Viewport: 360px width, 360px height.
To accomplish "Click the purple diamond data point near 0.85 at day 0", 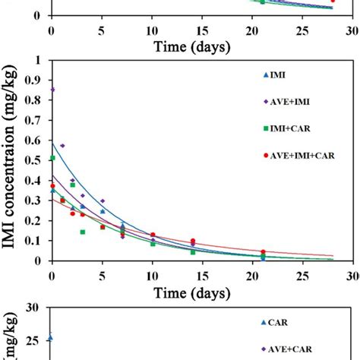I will pyautogui.click(x=52, y=90).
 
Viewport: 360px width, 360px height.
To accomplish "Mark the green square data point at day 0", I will pyautogui.click(x=52, y=158).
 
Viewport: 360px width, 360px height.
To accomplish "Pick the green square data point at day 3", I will pyautogui.click(x=82, y=232).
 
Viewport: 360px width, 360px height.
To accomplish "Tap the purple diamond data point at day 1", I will pyautogui.click(x=62, y=146).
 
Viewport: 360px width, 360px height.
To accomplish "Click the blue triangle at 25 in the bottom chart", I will pyautogui.click(x=50, y=337).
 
